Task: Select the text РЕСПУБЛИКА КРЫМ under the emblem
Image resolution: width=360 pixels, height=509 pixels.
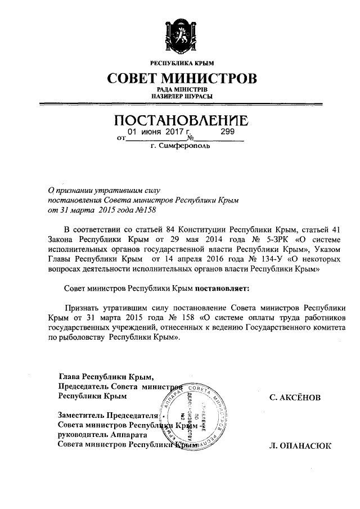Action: point(180,62)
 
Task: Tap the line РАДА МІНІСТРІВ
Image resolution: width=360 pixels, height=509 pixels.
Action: point(180,89)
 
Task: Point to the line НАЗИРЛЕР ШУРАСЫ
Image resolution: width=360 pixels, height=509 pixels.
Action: point(180,97)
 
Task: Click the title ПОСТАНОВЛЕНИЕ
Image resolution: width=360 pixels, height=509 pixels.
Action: point(180,120)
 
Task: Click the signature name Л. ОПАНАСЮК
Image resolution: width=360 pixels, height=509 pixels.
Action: point(301,446)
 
